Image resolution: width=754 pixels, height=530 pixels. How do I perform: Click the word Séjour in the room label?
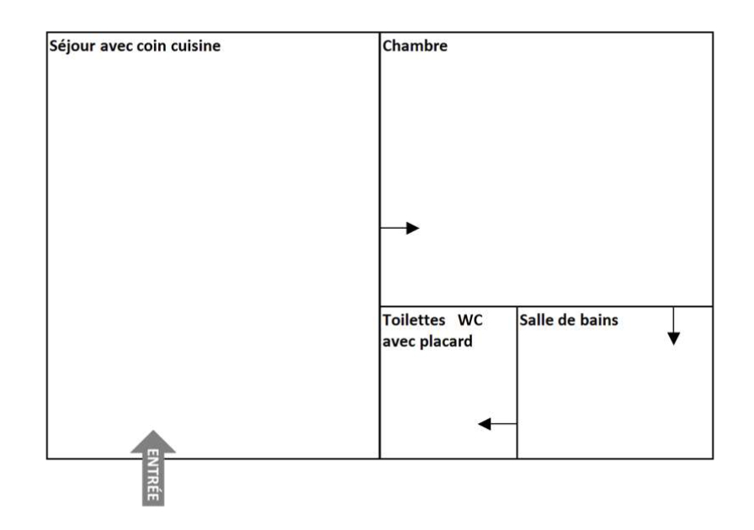[72, 46]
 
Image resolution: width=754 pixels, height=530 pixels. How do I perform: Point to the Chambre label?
[415, 45]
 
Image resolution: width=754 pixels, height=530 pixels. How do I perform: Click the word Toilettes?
[414, 320]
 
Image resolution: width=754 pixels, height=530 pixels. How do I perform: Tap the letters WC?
[470, 320]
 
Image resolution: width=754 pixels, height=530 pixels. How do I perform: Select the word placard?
[451, 342]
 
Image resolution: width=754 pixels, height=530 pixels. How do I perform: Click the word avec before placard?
[403, 342]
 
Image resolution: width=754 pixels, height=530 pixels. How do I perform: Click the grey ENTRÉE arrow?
[153, 468]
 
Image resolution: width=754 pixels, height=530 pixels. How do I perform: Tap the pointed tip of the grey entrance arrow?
[153, 431]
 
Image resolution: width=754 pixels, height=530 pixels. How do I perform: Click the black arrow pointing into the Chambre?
[400, 228]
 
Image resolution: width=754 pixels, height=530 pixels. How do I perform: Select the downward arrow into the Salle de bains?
[674, 326]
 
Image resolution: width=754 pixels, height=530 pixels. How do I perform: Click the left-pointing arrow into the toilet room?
[497, 424]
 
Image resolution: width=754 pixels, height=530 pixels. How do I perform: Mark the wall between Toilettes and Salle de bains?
[517, 382]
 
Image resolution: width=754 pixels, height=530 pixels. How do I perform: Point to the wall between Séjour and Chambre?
[380, 246]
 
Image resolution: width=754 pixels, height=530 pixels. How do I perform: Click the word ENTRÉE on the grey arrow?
[152, 475]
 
